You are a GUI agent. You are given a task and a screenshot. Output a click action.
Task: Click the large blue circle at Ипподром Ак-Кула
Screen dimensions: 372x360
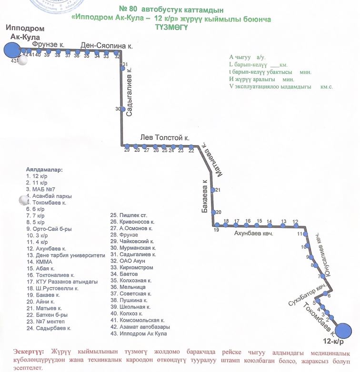click(x=11, y=50)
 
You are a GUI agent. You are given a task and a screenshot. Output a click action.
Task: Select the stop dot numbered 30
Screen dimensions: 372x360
click(x=122, y=109)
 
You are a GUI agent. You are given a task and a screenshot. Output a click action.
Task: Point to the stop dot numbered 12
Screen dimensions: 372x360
click(x=296, y=225)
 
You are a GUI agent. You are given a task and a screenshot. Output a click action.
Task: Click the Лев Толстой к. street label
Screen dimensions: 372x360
click(x=165, y=137)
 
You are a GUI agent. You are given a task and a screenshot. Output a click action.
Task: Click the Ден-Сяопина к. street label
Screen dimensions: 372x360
click(x=107, y=46)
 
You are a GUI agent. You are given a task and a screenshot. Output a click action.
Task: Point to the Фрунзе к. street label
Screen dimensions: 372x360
click(x=49, y=44)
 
